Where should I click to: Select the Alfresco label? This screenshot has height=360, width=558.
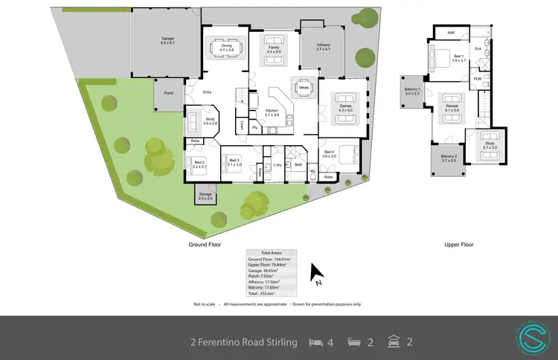click(x=324, y=45)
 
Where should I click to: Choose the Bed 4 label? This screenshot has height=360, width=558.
click(x=329, y=153)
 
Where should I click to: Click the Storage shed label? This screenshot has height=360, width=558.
click(x=205, y=196)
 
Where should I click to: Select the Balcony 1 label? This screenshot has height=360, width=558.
click(x=412, y=91)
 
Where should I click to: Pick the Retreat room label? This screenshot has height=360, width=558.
click(x=452, y=107)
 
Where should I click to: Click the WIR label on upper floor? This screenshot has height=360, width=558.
click(x=451, y=33)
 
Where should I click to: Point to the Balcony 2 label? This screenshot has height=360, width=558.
click(x=449, y=158)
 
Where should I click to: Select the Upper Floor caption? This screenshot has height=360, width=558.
click(x=458, y=245)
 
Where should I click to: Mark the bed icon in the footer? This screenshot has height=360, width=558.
click(x=316, y=343)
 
